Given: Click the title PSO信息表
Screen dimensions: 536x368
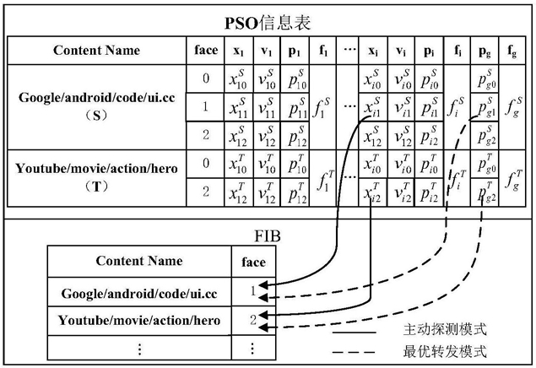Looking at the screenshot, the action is tap(268, 24).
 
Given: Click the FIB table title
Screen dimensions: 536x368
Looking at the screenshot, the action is tap(268, 235).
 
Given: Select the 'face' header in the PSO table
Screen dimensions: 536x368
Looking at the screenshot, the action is tap(206, 50).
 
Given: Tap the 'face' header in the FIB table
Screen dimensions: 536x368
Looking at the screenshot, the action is tap(253, 262).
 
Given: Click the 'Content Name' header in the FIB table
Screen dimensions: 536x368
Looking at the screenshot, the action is tap(139, 261).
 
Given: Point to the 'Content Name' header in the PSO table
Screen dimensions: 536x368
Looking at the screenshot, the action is tap(97, 51).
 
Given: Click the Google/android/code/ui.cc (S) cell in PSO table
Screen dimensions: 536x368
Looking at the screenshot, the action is tap(97, 106).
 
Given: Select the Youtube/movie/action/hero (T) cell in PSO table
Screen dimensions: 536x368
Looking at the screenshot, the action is tap(97, 177).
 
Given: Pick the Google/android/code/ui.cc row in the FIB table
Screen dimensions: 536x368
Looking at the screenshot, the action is tap(139, 294).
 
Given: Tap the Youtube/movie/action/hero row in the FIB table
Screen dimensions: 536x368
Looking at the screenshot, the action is tap(139, 320).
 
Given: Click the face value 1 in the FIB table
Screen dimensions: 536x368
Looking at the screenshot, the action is tap(253, 291).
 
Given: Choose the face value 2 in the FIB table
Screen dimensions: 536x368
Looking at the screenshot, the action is tap(253, 320).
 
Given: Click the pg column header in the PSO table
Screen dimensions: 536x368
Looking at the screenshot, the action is tap(485, 51).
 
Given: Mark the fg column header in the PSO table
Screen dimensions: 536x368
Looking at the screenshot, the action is tap(512, 51).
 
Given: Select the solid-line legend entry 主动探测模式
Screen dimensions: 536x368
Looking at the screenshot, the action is tap(444, 330).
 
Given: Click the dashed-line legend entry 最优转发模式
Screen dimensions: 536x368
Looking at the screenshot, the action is tap(444, 351).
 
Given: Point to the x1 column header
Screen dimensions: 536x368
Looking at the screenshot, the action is tap(239, 51).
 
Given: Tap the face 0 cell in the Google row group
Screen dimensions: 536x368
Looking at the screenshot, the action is tap(206, 78).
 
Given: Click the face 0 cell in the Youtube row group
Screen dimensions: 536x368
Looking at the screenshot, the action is tap(206, 163).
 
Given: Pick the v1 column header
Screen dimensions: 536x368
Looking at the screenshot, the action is tap(267, 51).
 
